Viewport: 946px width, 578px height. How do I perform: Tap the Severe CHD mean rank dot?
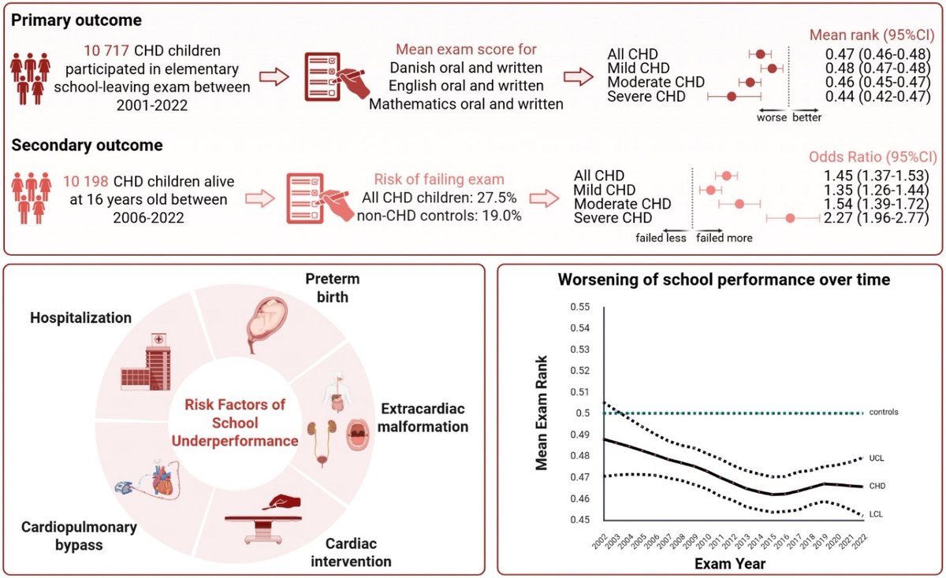click(x=732, y=97)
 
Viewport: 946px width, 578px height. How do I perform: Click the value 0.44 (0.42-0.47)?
click(x=873, y=96)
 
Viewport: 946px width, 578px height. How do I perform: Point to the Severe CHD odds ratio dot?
click(x=791, y=218)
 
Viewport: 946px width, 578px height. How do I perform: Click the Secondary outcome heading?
click(x=86, y=146)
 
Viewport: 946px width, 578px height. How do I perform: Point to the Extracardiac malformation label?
click(x=424, y=418)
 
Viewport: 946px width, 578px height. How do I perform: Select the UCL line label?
click(x=877, y=458)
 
